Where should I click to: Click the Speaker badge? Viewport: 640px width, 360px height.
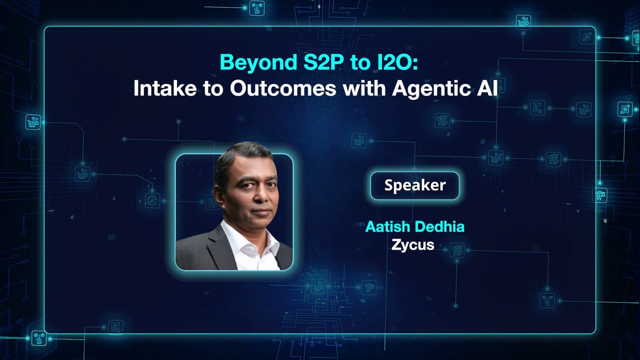(x=414, y=185)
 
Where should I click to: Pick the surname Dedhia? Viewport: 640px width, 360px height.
(x=441, y=227)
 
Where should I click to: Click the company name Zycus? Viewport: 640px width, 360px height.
(x=413, y=245)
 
